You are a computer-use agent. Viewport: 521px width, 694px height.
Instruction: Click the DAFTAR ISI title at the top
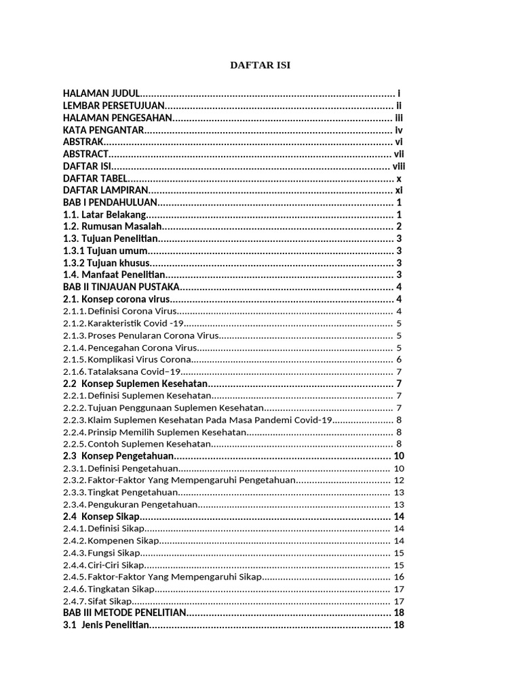260,65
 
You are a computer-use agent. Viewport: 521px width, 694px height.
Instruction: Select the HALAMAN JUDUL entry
101,93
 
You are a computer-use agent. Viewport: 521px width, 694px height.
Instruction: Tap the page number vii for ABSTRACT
399,154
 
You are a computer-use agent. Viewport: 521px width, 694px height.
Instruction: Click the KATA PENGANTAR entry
103,129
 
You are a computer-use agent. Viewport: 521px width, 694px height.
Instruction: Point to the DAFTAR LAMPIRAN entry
105,190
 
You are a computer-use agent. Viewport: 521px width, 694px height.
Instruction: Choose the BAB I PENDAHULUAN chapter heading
110,203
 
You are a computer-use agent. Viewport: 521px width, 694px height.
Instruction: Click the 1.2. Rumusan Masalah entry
113,226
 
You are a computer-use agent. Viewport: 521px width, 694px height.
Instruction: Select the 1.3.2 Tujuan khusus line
107,263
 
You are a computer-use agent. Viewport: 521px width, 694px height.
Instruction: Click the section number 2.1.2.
74,323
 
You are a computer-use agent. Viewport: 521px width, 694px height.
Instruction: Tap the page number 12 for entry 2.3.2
399,480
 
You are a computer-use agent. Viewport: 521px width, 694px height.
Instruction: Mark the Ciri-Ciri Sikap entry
116,565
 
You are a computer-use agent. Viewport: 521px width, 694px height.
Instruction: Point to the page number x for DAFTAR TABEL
399,178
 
